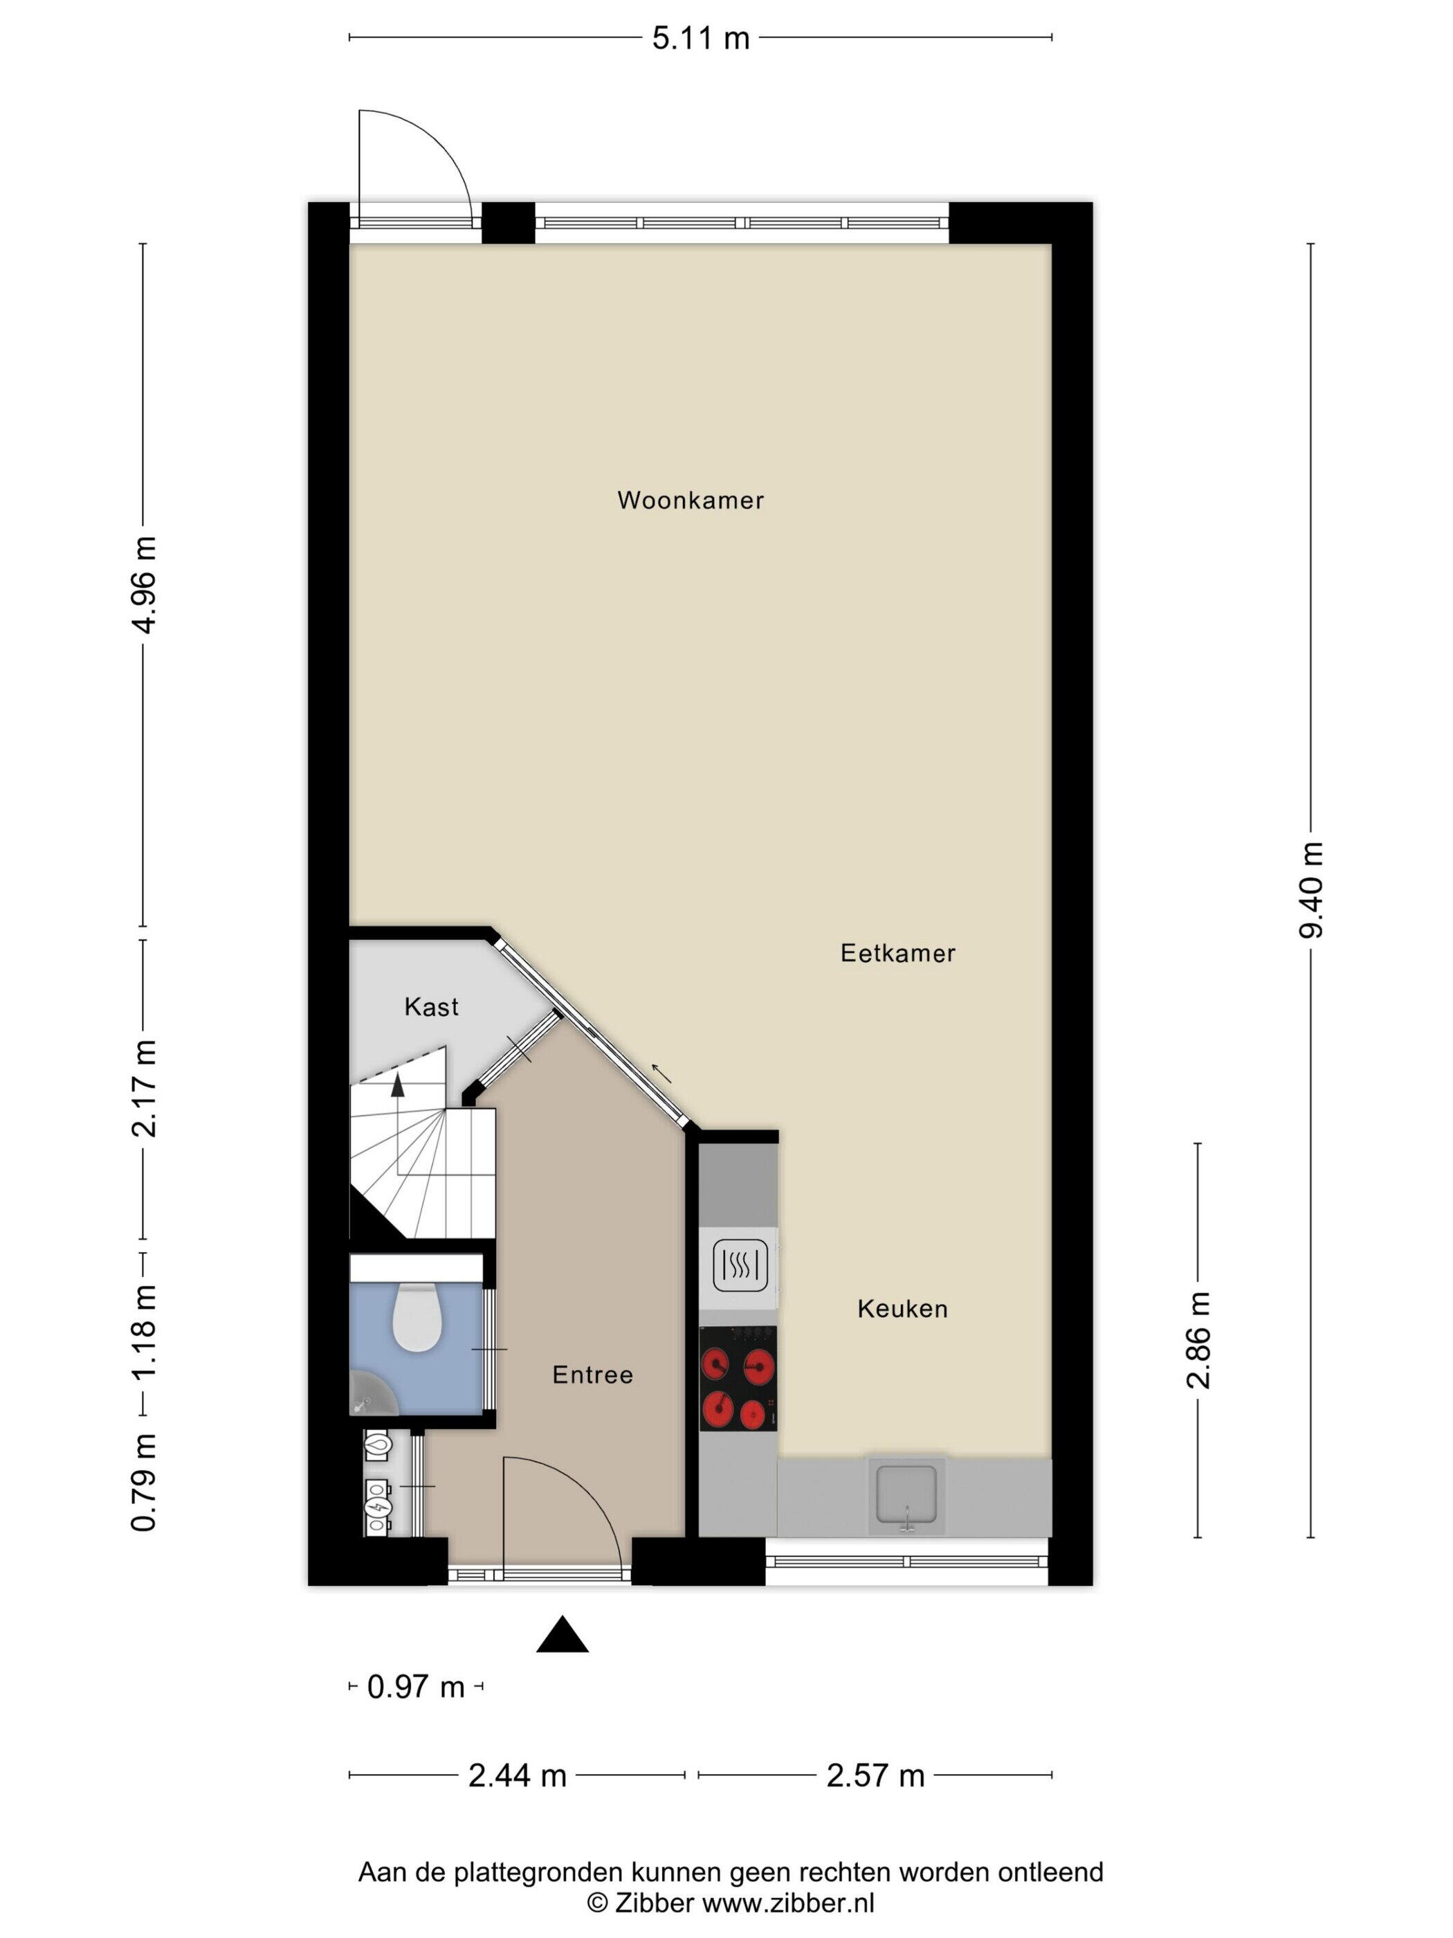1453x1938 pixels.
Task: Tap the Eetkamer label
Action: pos(897,953)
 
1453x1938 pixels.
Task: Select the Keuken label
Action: pos(902,1309)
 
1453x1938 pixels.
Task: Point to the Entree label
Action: pos(592,1375)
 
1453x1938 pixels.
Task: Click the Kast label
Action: pos(431,1006)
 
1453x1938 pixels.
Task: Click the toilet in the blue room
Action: pos(416,1317)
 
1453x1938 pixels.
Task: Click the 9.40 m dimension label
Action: pos(1311,889)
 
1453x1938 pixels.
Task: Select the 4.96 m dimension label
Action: pos(143,584)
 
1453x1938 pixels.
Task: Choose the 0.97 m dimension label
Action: pos(415,1687)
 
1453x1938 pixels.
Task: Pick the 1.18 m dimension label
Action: pos(143,1332)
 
